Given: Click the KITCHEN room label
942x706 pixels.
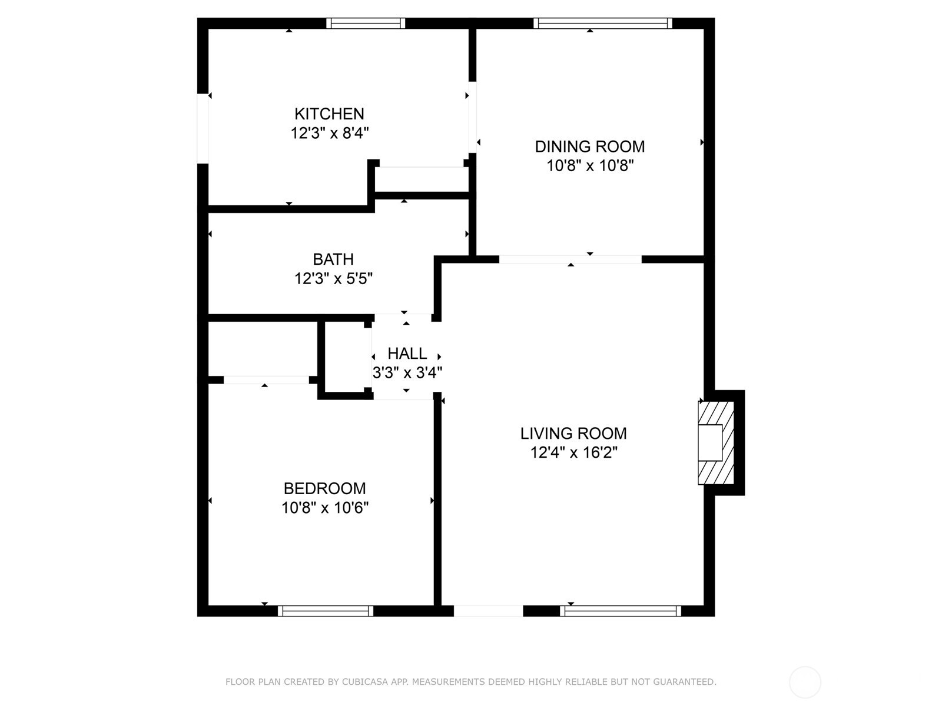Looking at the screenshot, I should pyautogui.click(x=329, y=114).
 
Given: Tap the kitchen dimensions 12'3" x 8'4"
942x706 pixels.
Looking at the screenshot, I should pyautogui.click(x=329, y=133).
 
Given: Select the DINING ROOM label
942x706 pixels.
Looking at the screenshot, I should pyautogui.click(x=589, y=146).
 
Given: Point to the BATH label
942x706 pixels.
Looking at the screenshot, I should pyautogui.click(x=333, y=259).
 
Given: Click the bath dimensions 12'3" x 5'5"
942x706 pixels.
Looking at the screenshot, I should pyautogui.click(x=333, y=278).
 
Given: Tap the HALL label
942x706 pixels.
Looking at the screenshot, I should pyautogui.click(x=407, y=354).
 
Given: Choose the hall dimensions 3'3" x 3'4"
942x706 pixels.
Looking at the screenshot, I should pyautogui.click(x=407, y=372).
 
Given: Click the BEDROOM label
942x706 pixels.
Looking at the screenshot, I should pyautogui.click(x=324, y=488).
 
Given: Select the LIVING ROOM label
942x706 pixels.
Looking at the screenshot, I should pyautogui.click(x=573, y=434).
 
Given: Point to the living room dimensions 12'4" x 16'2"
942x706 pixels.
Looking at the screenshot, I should pyautogui.click(x=573, y=452).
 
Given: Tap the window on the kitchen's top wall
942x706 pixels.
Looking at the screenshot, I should pyautogui.click(x=366, y=24).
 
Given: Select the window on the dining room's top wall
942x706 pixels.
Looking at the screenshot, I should pyautogui.click(x=602, y=24).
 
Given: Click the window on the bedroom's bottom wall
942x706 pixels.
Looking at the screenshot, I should pyautogui.click(x=325, y=611).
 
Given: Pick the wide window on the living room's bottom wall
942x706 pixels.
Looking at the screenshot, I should pyautogui.click(x=620, y=611).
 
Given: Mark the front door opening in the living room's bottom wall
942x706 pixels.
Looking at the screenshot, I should pyautogui.click(x=488, y=611).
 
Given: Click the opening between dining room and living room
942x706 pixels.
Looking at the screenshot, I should pyautogui.click(x=570, y=259).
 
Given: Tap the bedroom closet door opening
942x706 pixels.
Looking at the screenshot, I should pyautogui.click(x=266, y=380).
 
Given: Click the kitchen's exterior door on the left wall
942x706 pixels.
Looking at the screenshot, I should pyautogui.click(x=203, y=128).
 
